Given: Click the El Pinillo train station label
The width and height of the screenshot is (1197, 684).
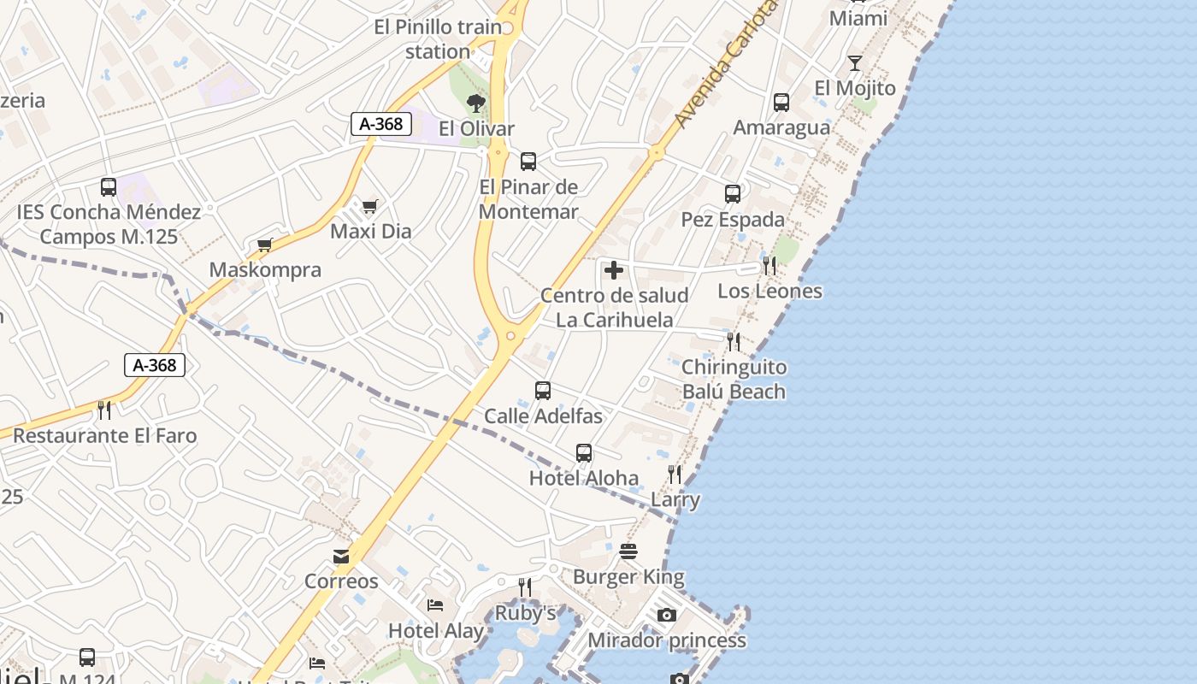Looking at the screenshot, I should (438, 39).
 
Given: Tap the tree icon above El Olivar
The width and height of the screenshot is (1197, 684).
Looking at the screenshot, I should (476, 103).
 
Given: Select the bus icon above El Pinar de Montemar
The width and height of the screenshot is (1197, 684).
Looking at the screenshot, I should (528, 161).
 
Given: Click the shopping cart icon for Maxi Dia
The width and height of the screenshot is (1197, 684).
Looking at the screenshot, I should (370, 206).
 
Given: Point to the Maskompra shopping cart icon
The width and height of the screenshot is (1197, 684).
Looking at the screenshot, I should (265, 245).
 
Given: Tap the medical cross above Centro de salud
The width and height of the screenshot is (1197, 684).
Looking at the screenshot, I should (614, 271).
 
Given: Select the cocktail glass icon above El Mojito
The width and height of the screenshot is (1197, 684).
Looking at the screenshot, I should (855, 63).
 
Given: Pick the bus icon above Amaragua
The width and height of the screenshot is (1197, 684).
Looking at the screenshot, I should (781, 103).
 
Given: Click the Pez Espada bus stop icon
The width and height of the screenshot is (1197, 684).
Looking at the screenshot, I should (733, 194).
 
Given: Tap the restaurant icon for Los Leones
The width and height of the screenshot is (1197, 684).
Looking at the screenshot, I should (769, 266).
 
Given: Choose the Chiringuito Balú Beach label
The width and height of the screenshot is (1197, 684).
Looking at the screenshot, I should (734, 380).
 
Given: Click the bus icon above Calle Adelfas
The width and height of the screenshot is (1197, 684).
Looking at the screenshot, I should (543, 391).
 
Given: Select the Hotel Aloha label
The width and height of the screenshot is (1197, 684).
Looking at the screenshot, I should (584, 478).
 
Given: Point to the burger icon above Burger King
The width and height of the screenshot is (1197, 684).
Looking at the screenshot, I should (628, 551).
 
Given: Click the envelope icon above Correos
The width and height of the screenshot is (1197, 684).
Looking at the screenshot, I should (341, 557).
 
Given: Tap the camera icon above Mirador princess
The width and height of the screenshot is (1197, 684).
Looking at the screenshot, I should (667, 615).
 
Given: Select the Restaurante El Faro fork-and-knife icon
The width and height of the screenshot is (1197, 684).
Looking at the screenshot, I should (104, 410).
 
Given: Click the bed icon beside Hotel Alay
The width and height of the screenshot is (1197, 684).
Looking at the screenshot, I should (435, 605).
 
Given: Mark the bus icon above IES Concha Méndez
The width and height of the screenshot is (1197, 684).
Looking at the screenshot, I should (109, 186).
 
